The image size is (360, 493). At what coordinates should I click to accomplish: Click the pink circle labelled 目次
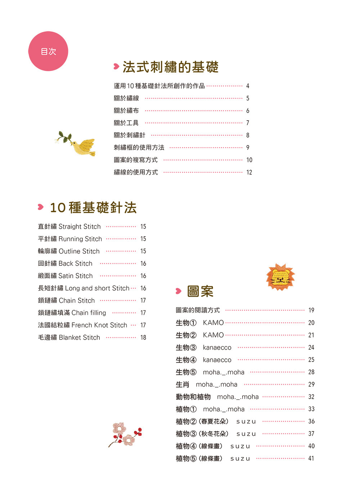click(x=48, y=51)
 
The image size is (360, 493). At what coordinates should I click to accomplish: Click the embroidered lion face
click(x=280, y=277)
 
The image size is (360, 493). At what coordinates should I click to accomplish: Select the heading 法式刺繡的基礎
click(x=170, y=67)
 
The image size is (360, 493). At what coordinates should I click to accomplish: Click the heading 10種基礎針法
click(x=93, y=207)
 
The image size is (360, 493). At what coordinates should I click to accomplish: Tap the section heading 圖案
click(x=200, y=291)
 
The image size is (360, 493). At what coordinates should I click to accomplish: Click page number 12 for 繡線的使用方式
click(x=249, y=172)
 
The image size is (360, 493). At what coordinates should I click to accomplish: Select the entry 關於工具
click(x=126, y=123)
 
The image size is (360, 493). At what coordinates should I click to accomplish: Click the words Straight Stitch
click(x=80, y=227)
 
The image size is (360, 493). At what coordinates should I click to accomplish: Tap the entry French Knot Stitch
click(x=99, y=325)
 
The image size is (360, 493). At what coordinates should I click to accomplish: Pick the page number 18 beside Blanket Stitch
click(x=143, y=338)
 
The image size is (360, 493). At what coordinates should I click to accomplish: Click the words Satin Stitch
click(x=75, y=276)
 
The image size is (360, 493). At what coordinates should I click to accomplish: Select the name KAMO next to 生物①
click(x=213, y=323)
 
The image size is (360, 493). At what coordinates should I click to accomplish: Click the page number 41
click(x=311, y=458)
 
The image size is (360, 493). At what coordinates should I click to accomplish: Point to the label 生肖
click(x=182, y=385)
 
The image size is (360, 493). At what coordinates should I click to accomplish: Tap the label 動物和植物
click(x=193, y=397)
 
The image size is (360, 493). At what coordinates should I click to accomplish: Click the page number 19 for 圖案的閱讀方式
click(x=311, y=310)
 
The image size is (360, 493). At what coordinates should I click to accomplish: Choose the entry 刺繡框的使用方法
click(x=139, y=148)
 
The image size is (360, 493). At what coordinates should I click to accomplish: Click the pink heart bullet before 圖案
click(x=179, y=291)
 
